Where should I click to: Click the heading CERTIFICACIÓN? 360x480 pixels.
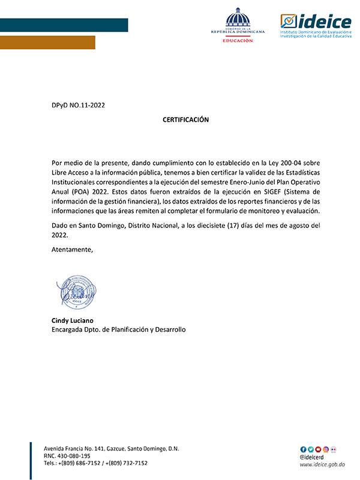coord(185,120)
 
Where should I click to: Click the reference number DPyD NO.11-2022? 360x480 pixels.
coord(79,106)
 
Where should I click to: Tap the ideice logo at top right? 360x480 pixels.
coord(316,25)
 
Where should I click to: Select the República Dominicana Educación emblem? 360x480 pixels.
coord(238,26)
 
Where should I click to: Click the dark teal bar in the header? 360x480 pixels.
coord(64,25)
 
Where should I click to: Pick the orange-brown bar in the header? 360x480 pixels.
coord(47,42)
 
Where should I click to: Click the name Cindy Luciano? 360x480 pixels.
coord(73,320)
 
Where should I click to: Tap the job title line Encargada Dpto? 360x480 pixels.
coord(119,330)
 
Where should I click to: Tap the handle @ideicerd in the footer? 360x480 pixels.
coord(313,457)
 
